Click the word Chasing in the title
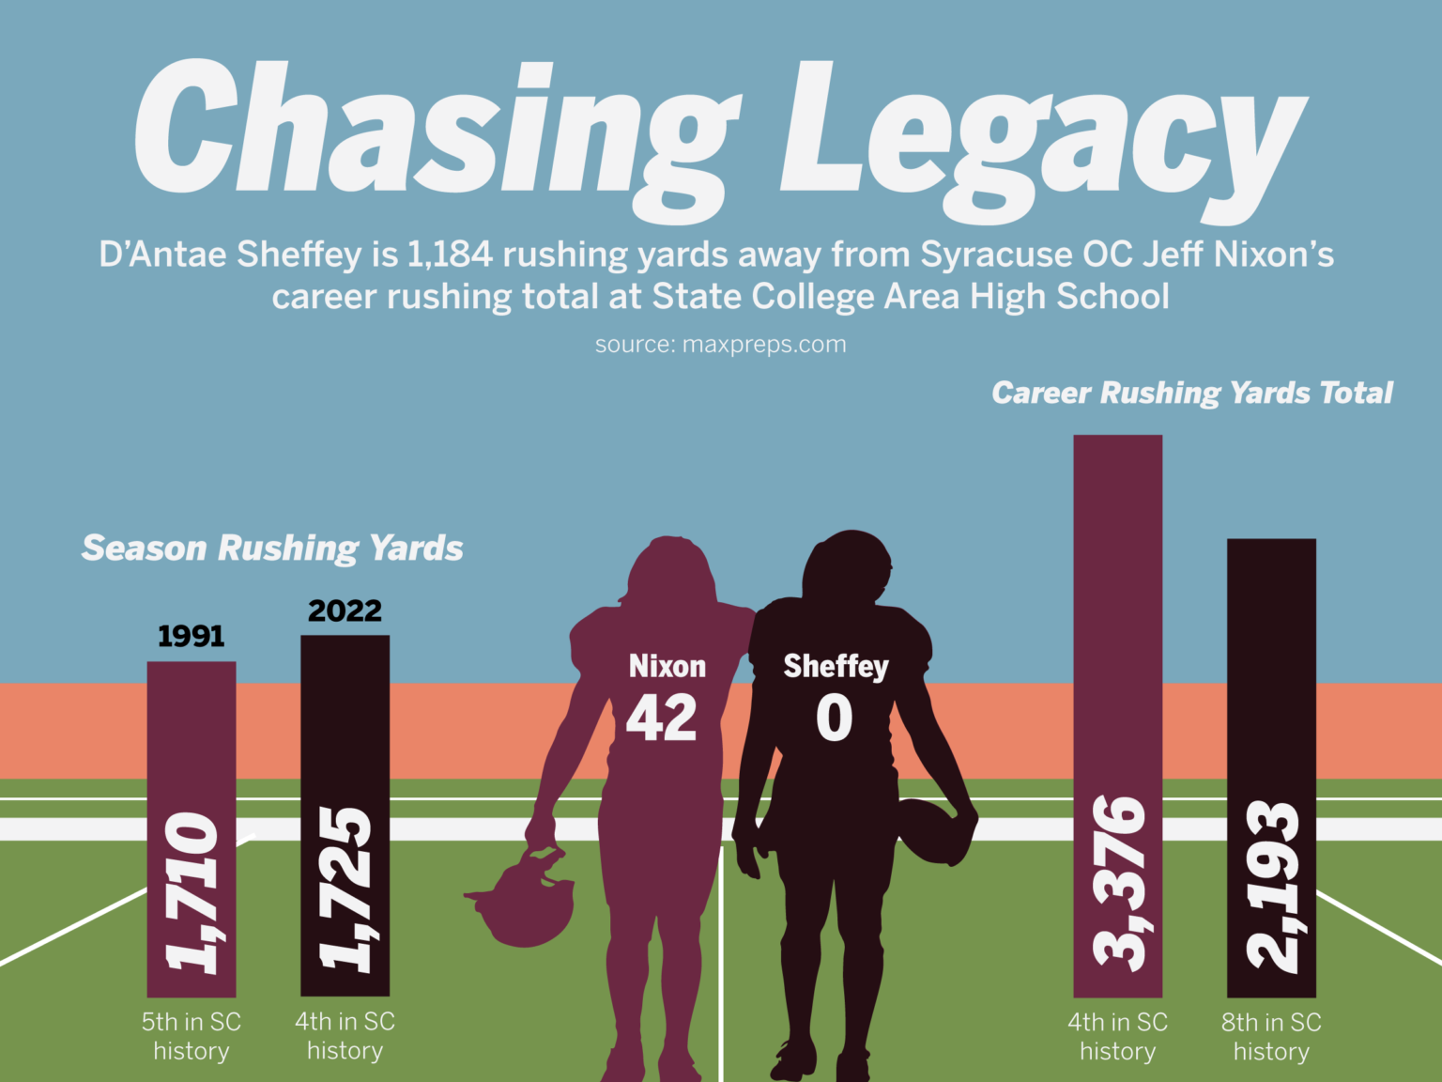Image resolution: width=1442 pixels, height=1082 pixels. [x=437, y=131]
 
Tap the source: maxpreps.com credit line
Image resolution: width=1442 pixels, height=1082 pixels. [x=720, y=345]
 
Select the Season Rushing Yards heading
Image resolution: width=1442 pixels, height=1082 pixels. [x=272, y=548]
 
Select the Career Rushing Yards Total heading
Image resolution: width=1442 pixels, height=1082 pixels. [x=1192, y=393]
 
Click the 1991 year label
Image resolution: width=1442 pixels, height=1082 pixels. [x=191, y=636]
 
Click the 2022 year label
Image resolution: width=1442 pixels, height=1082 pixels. [x=345, y=611]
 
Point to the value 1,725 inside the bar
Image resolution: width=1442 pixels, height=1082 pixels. [x=345, y=888]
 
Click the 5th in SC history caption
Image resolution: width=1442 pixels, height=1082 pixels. [x=192, y=1036]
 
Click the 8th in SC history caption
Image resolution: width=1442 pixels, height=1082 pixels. [x=1271, y=1036]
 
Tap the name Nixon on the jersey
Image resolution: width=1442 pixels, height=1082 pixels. [x=667, y=666]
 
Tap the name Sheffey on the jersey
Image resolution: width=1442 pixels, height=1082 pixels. [x=836, y=666]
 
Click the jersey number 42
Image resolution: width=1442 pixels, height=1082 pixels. [x=662, y=719]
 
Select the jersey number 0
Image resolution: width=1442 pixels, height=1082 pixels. [x=834, y=719]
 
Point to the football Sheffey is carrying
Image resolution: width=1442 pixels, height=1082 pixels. [x=936, y=831]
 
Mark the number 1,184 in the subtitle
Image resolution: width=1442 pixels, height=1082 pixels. [x=450, y=255]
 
